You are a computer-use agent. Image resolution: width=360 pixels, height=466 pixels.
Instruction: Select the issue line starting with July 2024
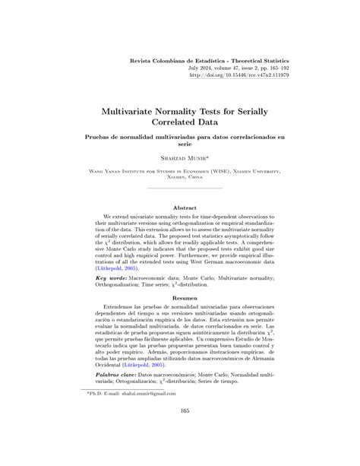(242, 67)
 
